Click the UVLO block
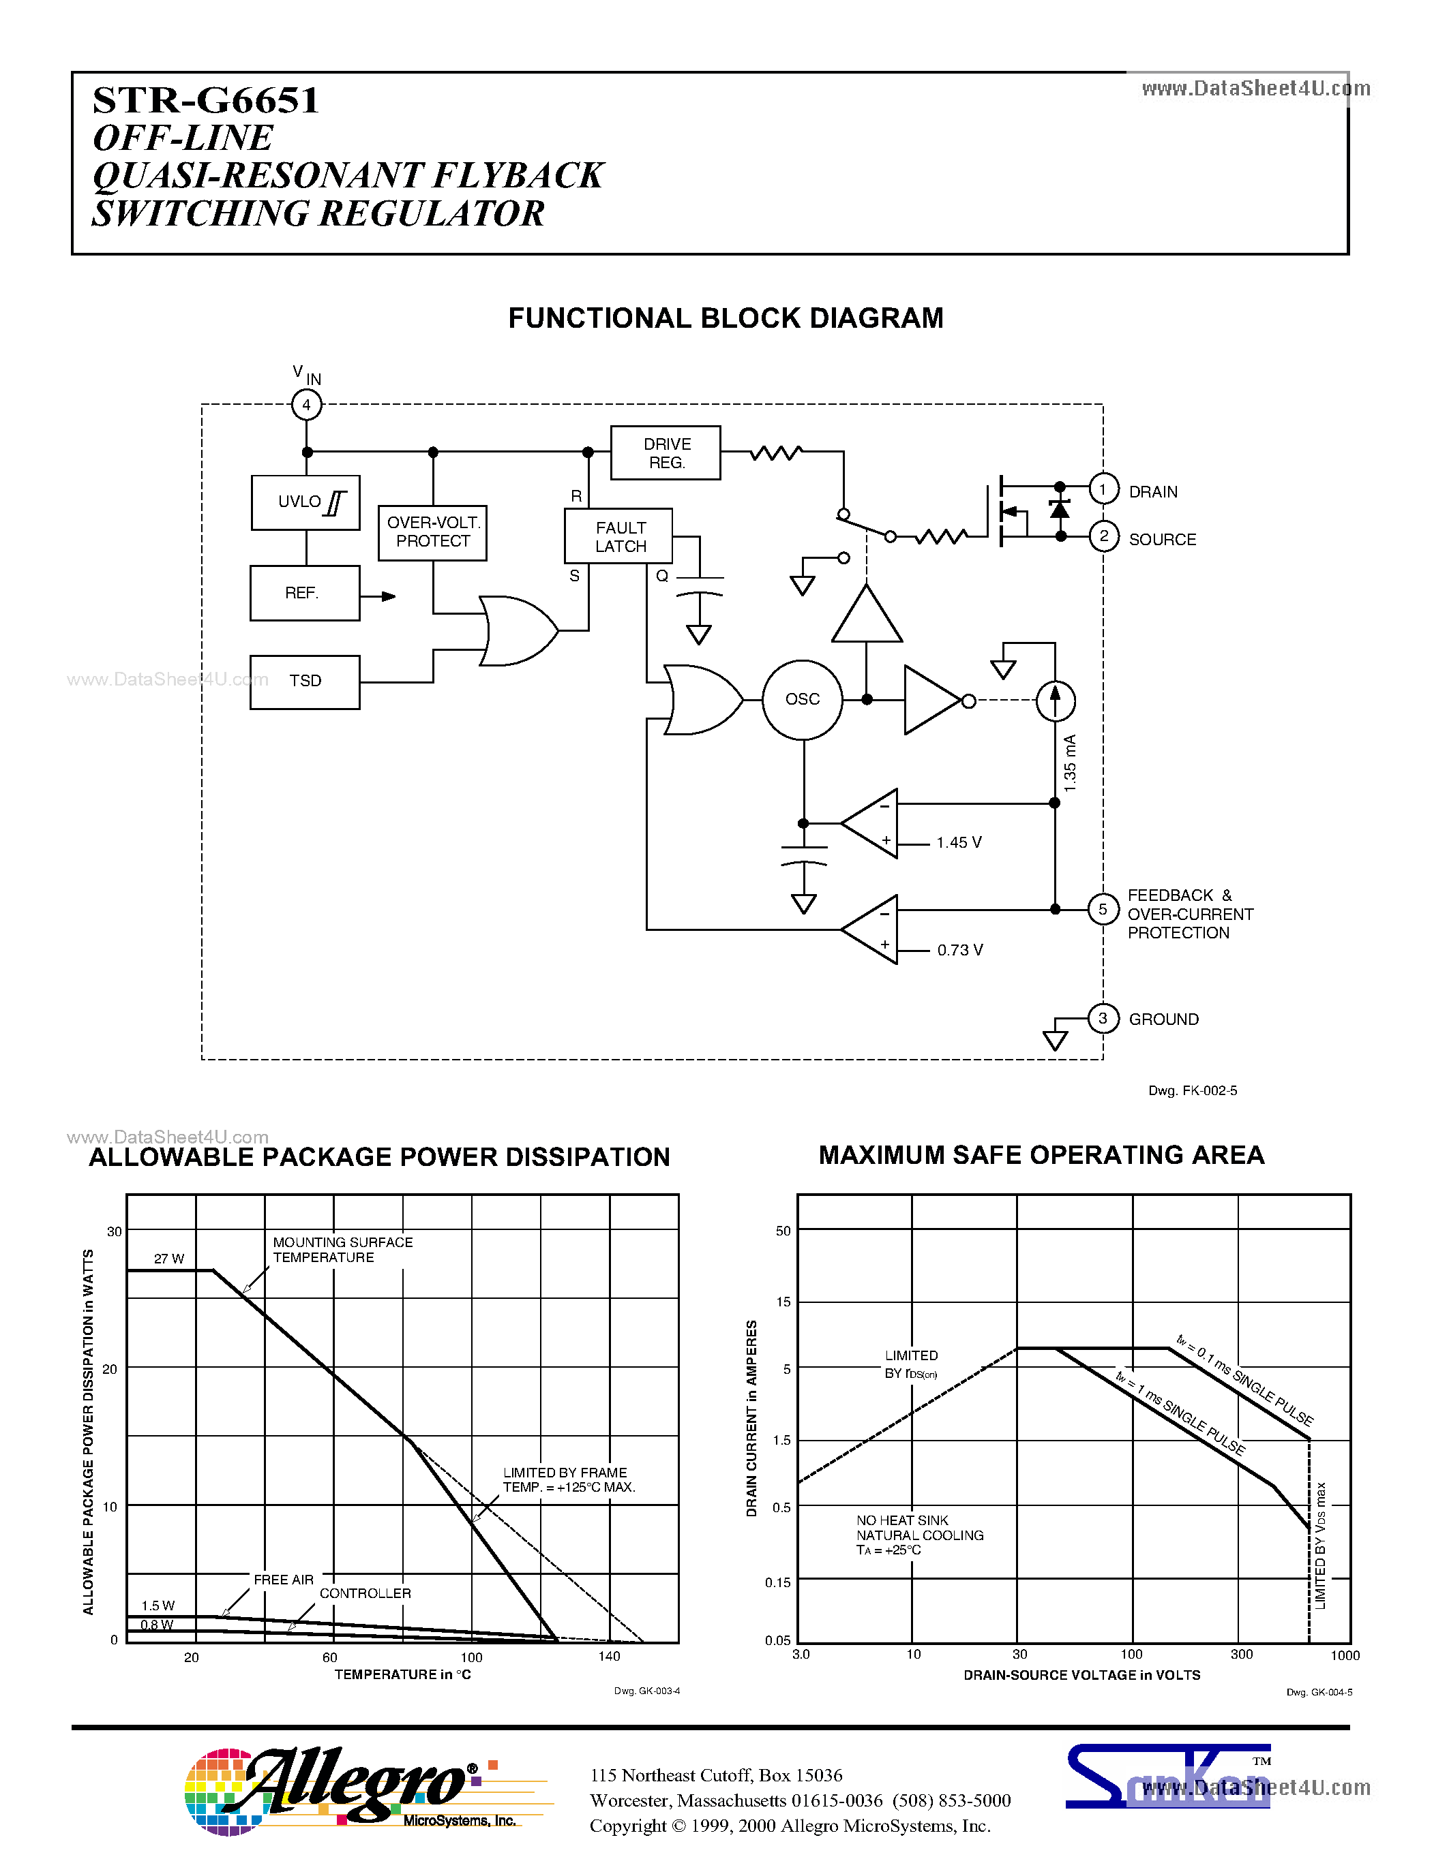click(x=305, y=503)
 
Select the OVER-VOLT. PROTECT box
click(x=432, y=533)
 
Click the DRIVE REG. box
click(x=666, y=453)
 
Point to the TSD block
click(x=305, y=682)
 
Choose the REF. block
click(x=304, y=593)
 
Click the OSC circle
click(x=802, y=700)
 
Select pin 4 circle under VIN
click(x=306, y=405)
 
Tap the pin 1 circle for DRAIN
click(x=1103, y=490)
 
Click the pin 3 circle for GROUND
click(x=1103, y=1019)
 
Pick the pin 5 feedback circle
click(x=1103, y=910)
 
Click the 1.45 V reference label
click(x=959, y=842)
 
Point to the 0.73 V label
click(x=959, y=950)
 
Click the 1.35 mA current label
click(x=1070, y=763)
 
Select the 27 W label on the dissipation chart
click(x=169, y=1259)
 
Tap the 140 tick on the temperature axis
click(x=609, y=1656)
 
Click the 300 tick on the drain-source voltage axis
click(x=1241, y=1655)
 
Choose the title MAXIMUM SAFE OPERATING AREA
click(x=1041, y=1155)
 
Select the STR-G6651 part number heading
click(x=206, y=100)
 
